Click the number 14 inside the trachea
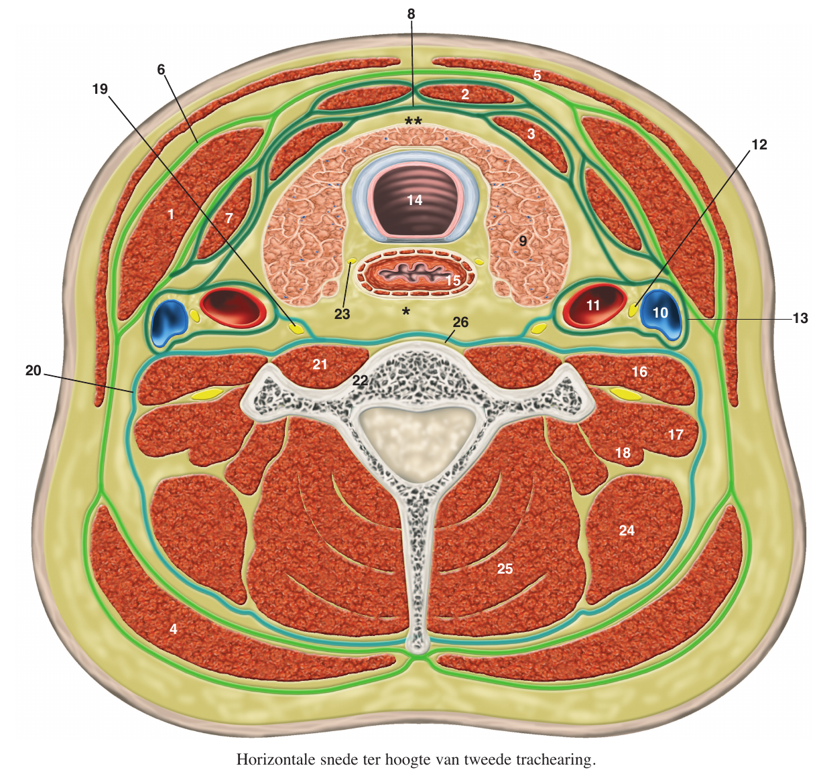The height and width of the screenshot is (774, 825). pos(414,200)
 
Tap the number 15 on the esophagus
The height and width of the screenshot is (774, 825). pos(453,280)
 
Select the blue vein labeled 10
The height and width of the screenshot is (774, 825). pos(660,312)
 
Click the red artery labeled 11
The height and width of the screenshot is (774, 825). pos(592,306)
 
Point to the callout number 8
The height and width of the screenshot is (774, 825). pos(411,13)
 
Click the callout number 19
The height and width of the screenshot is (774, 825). pos(100,89)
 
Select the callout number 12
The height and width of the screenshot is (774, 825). pos(759,144)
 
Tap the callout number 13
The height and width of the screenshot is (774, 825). pos(800,318)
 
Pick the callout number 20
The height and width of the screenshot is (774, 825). pos(33,370)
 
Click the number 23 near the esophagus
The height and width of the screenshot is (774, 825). pos(342,314)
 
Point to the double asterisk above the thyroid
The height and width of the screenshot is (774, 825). pos(413,121)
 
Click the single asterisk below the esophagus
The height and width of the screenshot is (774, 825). pos(405,311)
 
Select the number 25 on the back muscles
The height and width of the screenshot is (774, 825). pos(505,568)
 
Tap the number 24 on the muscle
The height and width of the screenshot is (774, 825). pos(627,530)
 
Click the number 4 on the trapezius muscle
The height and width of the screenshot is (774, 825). pos(174,629)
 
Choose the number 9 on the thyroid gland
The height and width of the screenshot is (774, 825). pos(523,241)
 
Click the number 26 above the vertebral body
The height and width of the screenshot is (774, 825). pos(460,322)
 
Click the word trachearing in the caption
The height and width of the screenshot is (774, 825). pos(555,760)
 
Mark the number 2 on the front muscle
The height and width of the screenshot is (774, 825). pos(465,94)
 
